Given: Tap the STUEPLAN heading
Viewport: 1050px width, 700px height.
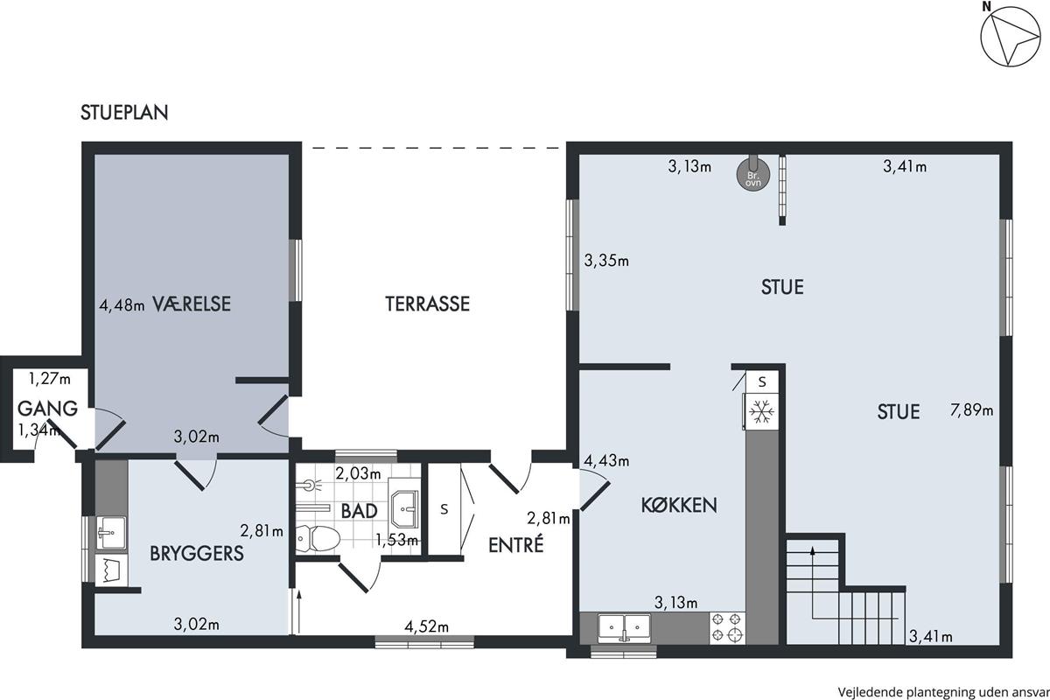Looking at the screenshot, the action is (x=124, y=113).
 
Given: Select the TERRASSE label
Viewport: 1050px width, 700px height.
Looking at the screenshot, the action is (x=428, y=304).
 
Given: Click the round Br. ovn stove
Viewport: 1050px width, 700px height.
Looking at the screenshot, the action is (x=753, y=173).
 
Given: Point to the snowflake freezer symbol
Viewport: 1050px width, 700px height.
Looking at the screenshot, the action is (x=762, y=412).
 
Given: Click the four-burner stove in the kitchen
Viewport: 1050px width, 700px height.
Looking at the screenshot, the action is (x=727, y=627).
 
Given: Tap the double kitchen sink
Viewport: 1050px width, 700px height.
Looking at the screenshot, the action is (x=625, y=628).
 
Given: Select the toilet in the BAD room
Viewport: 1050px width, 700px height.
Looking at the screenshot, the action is (x=318, y=539).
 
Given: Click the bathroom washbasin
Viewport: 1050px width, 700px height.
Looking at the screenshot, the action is (x=404, y=508).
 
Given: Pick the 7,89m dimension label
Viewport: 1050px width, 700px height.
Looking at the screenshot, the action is (x=972, y=410).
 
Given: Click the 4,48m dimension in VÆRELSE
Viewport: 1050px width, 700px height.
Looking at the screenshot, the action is (x=122, y=305).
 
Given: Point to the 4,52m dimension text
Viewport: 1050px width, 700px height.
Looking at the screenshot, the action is (x=427, y=626).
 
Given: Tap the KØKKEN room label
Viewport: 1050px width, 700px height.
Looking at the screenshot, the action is (x=679, y=505).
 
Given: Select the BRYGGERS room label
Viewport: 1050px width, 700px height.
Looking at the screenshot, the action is (x=197, y=554).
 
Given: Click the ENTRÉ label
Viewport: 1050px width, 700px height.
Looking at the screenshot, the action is (x=516, y=545).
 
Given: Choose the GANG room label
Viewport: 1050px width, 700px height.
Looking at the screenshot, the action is (x=47, y=409).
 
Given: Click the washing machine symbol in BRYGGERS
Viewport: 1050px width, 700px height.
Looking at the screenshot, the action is (x=111, y=570).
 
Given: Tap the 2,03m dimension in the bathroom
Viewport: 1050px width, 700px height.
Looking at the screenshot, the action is (x=358, y=473).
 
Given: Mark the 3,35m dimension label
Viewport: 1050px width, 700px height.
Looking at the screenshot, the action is (x=606, y=260).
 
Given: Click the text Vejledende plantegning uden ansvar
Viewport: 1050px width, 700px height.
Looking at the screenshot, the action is (x=943, y=692).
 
